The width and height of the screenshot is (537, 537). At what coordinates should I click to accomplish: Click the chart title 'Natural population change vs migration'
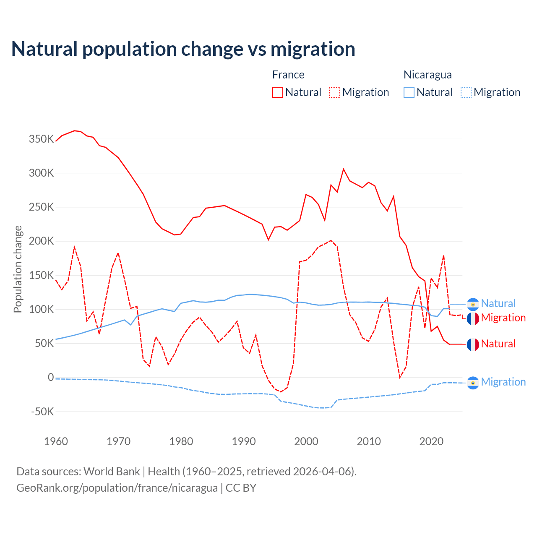pyautogui.click(x=183, y=49)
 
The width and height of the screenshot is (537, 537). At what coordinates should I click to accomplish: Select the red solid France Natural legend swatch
pyautogui.click(x=278, y=92)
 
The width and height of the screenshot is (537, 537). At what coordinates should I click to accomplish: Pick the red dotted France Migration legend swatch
pyautogui.click(x=335, y=92)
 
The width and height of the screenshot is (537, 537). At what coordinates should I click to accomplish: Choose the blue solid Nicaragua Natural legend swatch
pyautogui.click(x=409, y=92)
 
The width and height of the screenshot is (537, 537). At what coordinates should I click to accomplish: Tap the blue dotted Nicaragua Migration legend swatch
pyautogui.click(x=466, y=92)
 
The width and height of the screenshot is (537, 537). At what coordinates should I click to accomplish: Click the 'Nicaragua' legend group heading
pyautogui.click(x=428, y=75)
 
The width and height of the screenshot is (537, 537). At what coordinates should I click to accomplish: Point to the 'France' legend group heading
pyautogui.click(x=288, y=75)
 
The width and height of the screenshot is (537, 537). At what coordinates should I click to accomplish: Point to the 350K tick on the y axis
pyautogui.click(x=41, y=139)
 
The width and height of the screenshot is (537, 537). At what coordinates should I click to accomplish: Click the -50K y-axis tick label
pyautogui.click(x=42, y=412)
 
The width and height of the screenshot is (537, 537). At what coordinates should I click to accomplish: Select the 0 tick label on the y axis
pyautogui.click(x=51, y=377)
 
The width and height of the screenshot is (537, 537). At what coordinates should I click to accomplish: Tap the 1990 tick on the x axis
pyautogui.click(x=244, y=441)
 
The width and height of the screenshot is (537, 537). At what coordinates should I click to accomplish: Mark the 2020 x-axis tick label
pyautogui.click(x=431, y=441)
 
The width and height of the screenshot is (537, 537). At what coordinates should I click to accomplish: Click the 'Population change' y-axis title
pyautogui.click(x=18, y=269)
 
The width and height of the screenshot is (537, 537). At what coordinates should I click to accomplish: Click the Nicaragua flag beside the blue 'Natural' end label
pyautogui.click(x=473, y=304)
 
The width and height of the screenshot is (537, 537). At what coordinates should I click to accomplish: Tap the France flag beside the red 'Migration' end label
pyautogui.click(x=473, y=318)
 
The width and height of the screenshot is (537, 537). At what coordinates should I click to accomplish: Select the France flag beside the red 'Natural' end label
pyautogui.click(x=473, y=344)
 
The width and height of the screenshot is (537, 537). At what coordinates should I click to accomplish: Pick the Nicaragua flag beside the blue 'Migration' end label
pyautogui.click(x=473, y=383)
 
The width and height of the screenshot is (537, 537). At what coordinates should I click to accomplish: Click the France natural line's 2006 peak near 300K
pyautogui.click(x=344, y=169)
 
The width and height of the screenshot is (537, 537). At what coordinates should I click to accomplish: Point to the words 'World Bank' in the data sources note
pyautogui.click(x=112, y=472)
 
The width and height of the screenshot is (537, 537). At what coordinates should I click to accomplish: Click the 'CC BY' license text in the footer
pyautogui.click(x=241, y=488)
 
